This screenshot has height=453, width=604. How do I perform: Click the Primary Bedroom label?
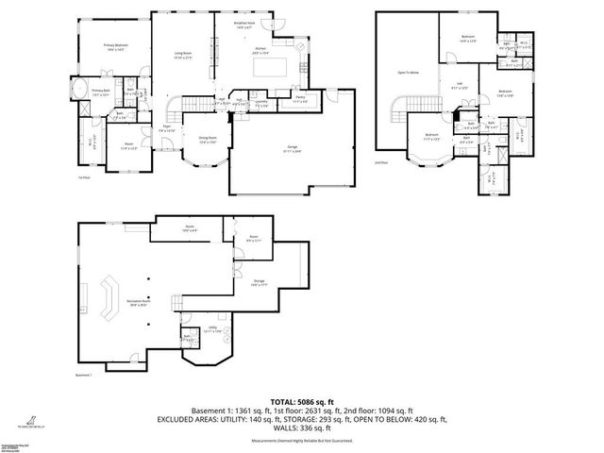point(116,46)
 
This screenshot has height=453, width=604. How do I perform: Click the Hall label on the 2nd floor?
point(461,87)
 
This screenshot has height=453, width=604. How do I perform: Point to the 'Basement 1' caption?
point(87,377)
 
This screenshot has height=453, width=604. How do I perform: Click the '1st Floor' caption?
point(83,176)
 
